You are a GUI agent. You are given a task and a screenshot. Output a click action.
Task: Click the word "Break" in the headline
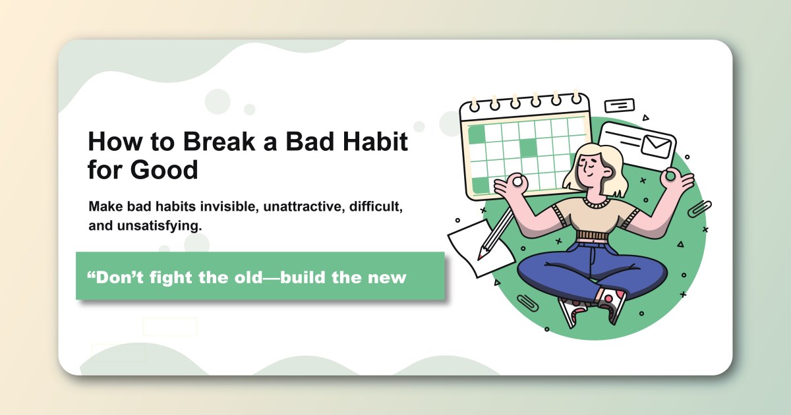tap(216, 142)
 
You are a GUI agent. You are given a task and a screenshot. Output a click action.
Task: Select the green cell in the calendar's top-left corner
tap(476, 134)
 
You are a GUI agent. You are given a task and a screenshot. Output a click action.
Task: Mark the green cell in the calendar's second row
tap(528, 148)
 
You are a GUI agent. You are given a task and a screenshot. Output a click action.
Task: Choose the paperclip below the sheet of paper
tap(527, 302)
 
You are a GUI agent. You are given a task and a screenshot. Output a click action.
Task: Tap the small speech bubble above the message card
tap(619, 105)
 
